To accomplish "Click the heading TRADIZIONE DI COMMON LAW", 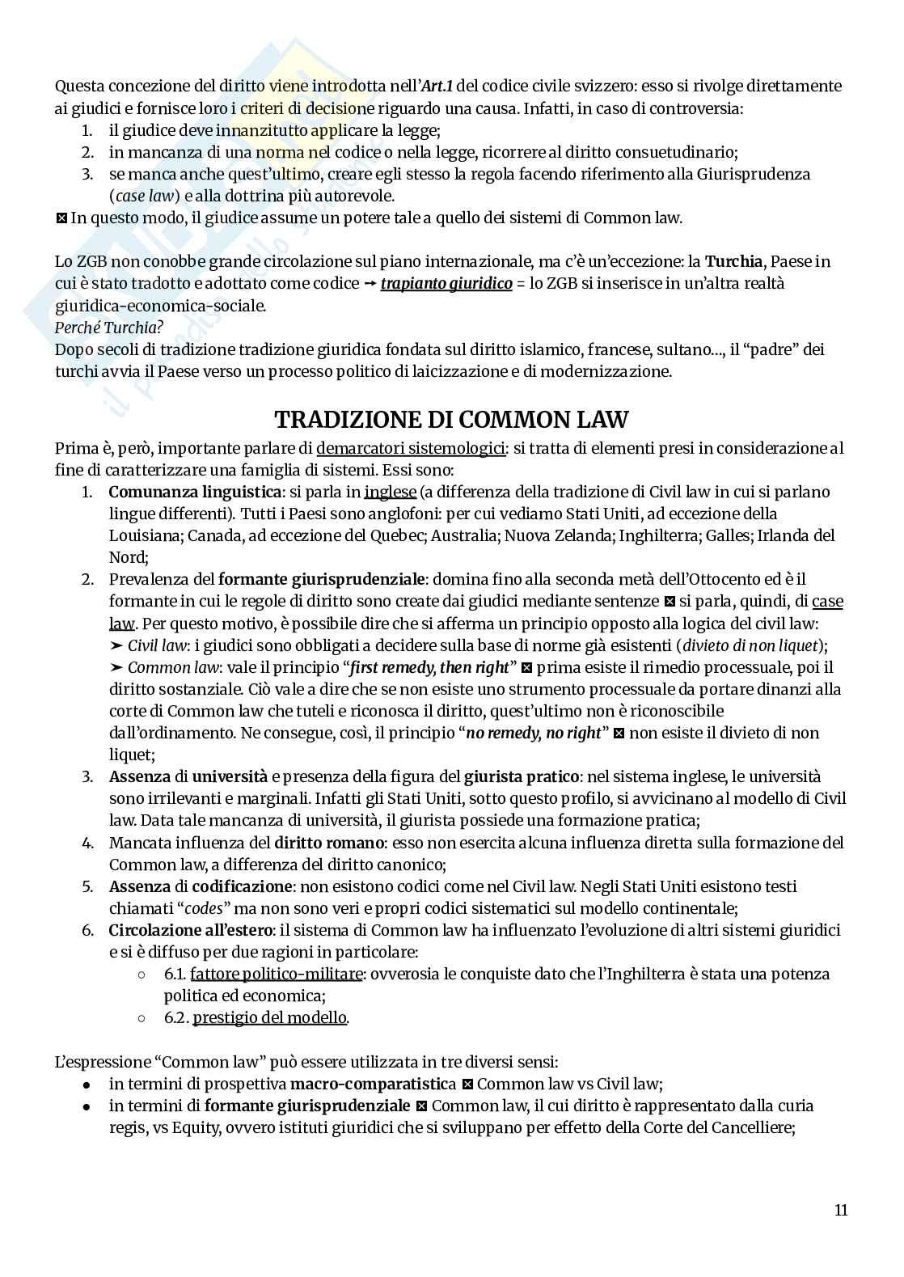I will tap(451, 420).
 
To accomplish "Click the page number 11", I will tap(840, 1211).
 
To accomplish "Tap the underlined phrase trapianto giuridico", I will tap(446, 284).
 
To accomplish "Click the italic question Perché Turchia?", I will tap(108, 328).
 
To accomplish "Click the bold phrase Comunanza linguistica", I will tap(194, 492).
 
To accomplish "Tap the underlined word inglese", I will tap(390, 492).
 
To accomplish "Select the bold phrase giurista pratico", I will tap(521, 776).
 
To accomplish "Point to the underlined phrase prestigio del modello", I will tap(269, 1017).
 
